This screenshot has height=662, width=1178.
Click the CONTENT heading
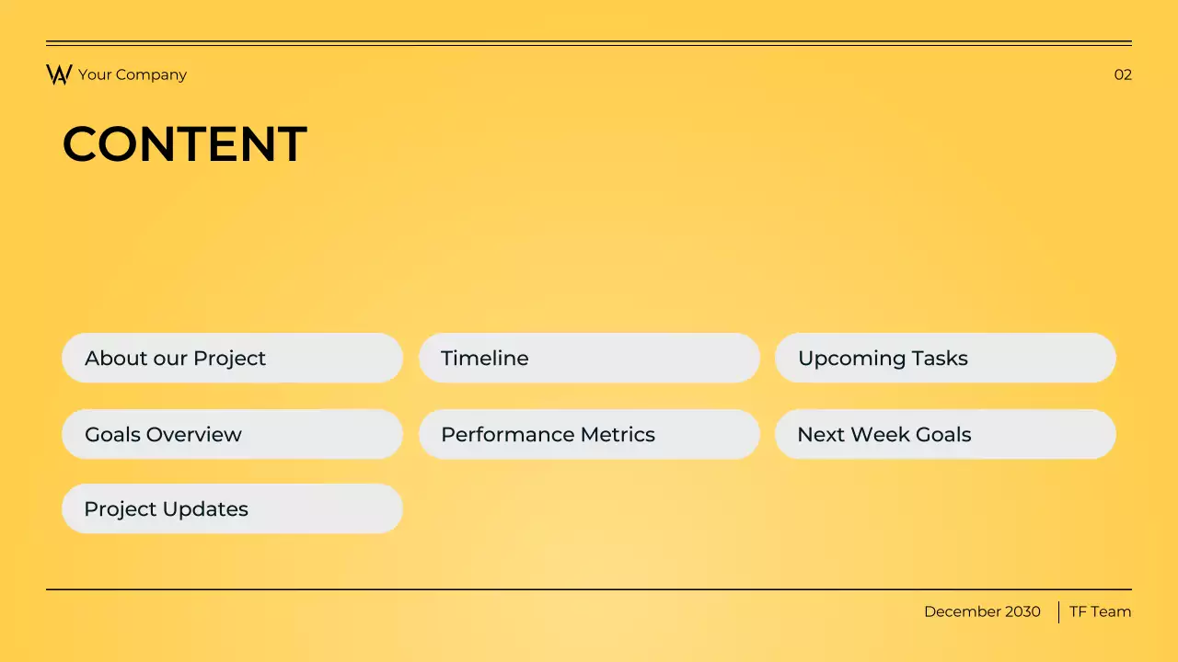point(184,144)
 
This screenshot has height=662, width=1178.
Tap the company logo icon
point(59,74)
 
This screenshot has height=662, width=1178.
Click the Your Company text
point(133,74)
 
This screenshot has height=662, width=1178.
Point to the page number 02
point(1123,74)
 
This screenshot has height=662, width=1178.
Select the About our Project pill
point(232,358)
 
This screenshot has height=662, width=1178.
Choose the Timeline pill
point(589,358)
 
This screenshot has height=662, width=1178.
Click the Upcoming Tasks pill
point(945,358)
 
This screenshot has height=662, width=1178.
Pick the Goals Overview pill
point(232,434)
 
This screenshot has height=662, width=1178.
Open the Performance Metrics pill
point(589,434)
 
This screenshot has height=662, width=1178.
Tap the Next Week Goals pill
point(945,434)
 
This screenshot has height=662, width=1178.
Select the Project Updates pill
point(232,508)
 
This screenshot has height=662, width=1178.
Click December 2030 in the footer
point(982,611)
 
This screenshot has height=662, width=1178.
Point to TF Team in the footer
point(1100,611)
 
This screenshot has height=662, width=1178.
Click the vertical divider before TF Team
point(1058,611)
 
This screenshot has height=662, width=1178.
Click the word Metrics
point(618,434)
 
